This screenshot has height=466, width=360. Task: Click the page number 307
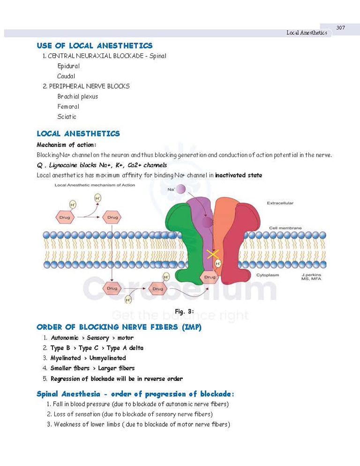pyautogui.click(x=340, y=28)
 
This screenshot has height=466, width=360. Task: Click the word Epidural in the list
pyautogui.click(x=68, y=66)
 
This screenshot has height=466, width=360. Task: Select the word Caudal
pyautogui.click(x=66, y=76)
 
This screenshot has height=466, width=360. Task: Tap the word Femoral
pyautogui.click(x=68, y=106)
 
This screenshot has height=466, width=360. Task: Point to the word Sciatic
pyautogui.click(x=67, y=117)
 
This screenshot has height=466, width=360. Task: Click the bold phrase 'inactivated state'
pyautogui.click(x=239, y=175)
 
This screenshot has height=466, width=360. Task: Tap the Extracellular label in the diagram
pyautogui.click(x=280, y=203)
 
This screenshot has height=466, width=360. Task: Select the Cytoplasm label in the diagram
pyautogui.click(x=267, y=275)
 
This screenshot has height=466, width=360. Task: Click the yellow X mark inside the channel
pyautogui.click(x=213, y=255)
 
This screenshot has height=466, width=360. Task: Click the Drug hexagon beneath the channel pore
pyautogui.click(x=210, y=277)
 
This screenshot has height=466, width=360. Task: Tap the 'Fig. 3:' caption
pyautogui.click(x=184, y=312)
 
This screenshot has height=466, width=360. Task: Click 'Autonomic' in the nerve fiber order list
pyautogui.click(x=65, y=338)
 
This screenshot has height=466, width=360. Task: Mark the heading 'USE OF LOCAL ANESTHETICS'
pyautogui.click(x=95, y=45)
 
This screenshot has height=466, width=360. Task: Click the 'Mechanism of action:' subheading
pyautogui.click(x=66, y=145)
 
